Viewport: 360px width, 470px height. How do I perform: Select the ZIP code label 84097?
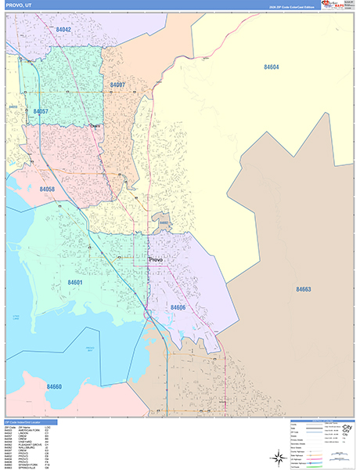tap(117, 85)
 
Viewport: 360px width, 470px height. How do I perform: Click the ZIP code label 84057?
tap(41, 112)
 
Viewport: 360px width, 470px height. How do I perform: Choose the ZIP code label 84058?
tap(47, 190)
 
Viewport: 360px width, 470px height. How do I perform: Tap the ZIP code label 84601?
tap(76, 281)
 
